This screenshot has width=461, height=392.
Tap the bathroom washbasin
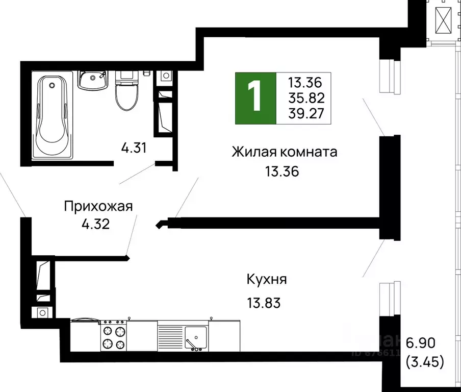(x=92, y=80)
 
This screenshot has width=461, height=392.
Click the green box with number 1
(x=254, y=98)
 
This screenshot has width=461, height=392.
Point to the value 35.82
(x=306, y=97)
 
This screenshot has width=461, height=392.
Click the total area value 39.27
(x=306, y=113)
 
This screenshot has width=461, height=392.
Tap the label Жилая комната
(x=285, y=152)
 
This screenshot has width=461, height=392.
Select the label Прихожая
(x=98, y=207)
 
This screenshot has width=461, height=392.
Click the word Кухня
(x=267, y=280)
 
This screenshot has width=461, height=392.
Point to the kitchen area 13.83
(x=263, y=303)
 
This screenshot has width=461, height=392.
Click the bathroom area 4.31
(x=134, y=149)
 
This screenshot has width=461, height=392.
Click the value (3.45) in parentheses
(x=425, y=363)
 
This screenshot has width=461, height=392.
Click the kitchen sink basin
(x=195, y=337)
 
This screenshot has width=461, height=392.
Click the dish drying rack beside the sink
(x=170, y=337)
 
